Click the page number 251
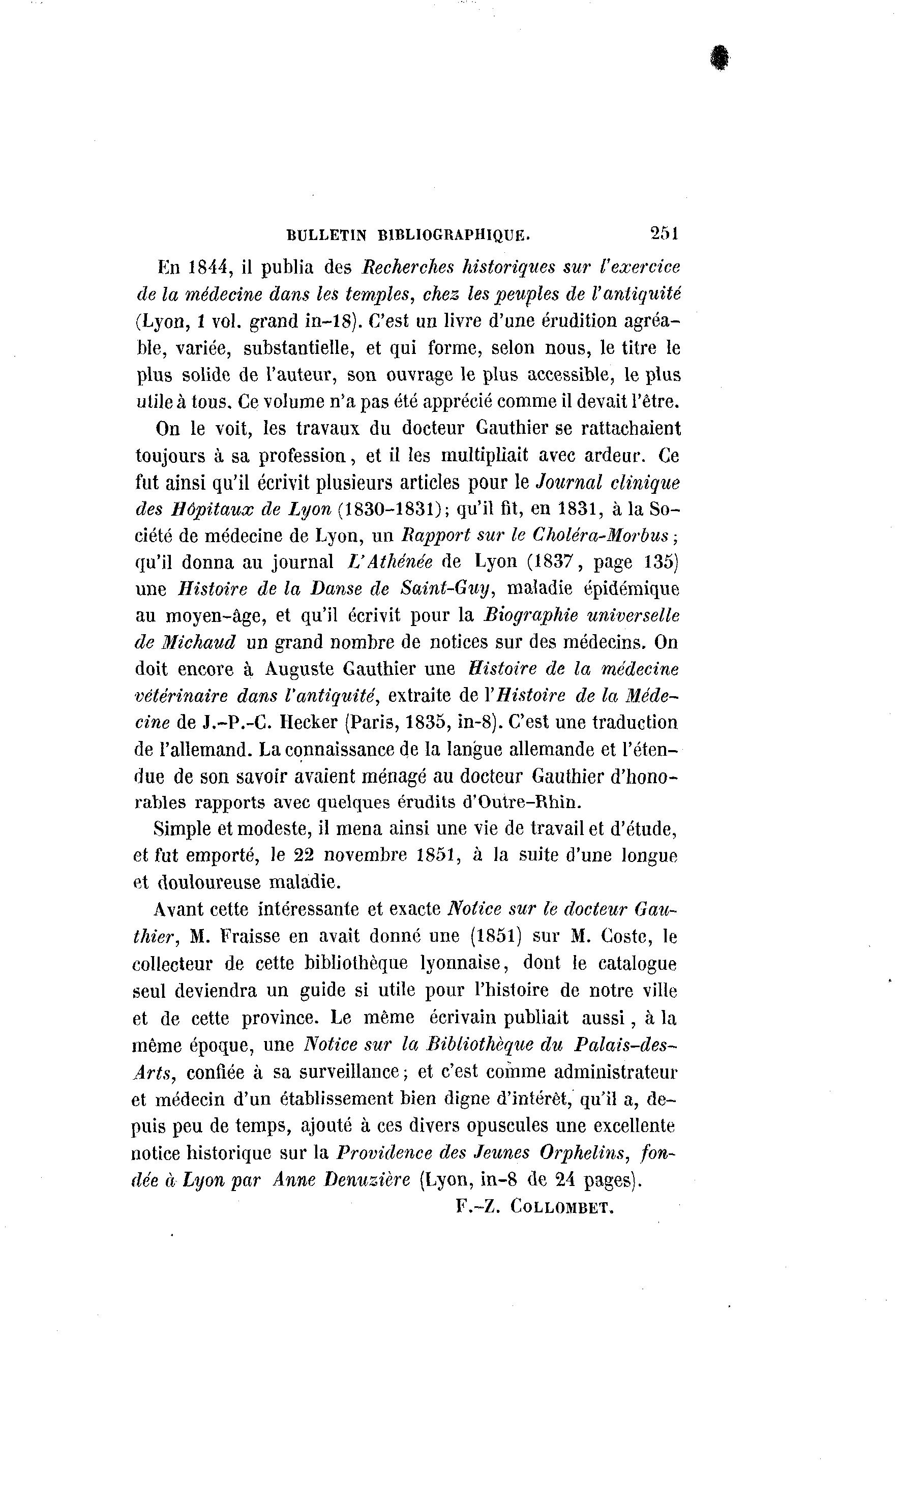click(665, 233)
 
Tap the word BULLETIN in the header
click(326, 235)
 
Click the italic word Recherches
click(411, 266)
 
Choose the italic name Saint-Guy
click(454, 588)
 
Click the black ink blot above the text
click(718, 59)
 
